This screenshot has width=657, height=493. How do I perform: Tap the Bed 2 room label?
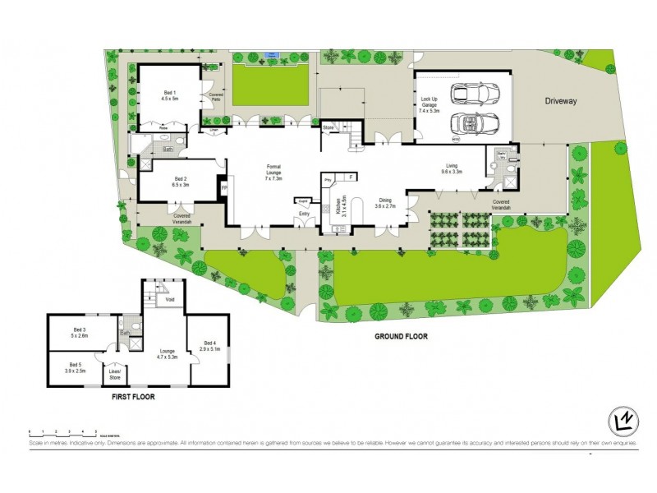[181, 182]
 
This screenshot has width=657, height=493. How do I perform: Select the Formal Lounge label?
[273, 172]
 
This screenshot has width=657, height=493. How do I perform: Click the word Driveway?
[563, 101]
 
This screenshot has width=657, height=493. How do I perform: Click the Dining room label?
[385, 203]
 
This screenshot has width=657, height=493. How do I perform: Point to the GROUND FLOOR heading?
[402, 336]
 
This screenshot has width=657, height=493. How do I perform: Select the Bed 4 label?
[210, 347]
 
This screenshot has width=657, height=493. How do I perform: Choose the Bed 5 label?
[75, 367]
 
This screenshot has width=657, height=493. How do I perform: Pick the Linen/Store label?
[115, 374]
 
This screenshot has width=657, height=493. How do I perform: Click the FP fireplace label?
[223, 189]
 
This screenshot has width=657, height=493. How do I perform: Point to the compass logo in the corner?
[623, 422]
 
